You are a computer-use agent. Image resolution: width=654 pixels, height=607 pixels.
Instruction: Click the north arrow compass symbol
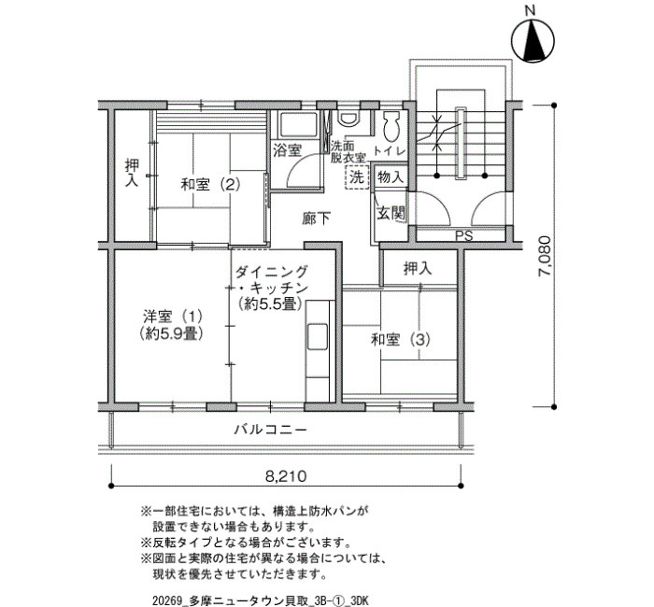click(x=533, y=41)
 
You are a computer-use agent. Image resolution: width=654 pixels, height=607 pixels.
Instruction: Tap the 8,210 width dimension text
click(x=286, y=475)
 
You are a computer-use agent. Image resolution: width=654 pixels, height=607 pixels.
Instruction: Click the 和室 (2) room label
click(x=210, y=183)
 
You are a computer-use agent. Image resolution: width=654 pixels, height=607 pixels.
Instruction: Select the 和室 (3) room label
click(x=401, y=340)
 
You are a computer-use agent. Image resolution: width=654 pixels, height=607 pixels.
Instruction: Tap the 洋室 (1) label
click(x=173, y=317)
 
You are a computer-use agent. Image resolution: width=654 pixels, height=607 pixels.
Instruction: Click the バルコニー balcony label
click(x=270, y=429)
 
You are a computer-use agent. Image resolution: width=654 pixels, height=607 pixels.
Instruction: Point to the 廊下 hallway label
click(x=317, y=219)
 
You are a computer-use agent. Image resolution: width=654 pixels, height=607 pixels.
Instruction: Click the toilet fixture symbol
click(x=391, y=125)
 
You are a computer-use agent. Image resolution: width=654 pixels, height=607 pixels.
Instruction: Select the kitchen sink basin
click(x=318, y=337)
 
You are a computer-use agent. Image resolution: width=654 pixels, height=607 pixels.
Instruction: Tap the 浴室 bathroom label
click(x=288, y=150)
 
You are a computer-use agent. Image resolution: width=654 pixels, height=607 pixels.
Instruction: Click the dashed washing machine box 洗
click(x=358, y=177)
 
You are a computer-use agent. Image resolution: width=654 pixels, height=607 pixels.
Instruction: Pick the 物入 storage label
click(x=391, y=177)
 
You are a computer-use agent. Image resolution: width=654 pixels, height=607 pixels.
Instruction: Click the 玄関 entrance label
click(x=391, y=214)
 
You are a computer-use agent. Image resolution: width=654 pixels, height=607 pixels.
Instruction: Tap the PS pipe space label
click(x=463, y=236)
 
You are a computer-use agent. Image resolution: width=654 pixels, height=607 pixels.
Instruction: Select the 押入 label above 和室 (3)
click(x=418, y=269)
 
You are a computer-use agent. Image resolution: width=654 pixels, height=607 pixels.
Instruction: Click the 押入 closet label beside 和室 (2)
click(x=133, y=173)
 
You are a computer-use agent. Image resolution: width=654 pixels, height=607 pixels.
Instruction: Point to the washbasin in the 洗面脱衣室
click(x=348, y=118)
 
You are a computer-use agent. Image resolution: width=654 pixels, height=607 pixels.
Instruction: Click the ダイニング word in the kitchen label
click(x=272, y=272)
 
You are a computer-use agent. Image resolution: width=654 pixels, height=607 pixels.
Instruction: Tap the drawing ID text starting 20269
click(x=261, y=600)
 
